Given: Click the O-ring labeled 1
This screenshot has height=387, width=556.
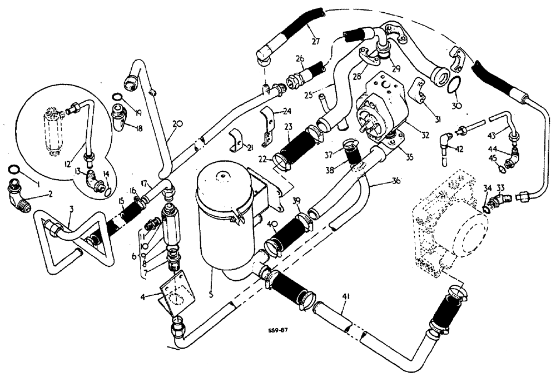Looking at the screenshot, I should (x=16, y=169).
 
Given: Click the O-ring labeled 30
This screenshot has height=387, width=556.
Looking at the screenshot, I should (x=454, y=85).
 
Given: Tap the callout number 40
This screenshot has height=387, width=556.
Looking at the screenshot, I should (x=272, y=224).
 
